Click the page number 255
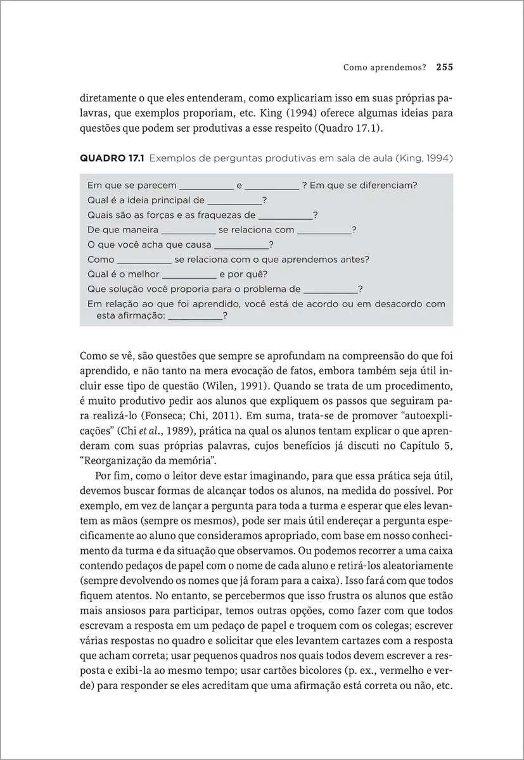coord(444,66)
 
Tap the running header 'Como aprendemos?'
coord(384,66)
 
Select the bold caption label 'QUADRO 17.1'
coord(111,157)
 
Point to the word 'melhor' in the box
coord(143,274)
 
